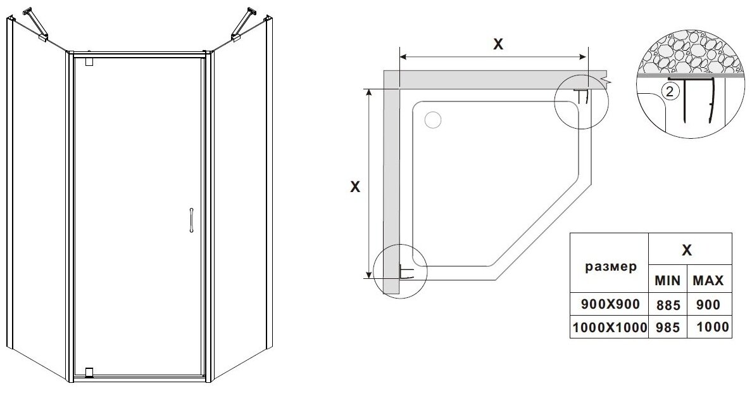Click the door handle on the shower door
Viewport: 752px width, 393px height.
pyautogui.click(x=190, y=220)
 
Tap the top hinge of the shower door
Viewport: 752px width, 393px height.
pyautogui.click(x=89, y=62)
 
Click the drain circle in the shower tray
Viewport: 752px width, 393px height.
pyautogui.click(x=433, y=120)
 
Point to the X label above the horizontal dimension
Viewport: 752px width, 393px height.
pyautogui.click(x=498, y=44)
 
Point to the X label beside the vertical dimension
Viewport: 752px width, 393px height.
pyautogui.click(x=355, y=187)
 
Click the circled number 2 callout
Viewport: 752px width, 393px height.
pyautogui.click(x=672, y=91)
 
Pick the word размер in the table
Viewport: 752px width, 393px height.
pyautogui.click(x=609, y=267)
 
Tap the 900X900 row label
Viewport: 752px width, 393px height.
pyautogui.click(x=610, y=304)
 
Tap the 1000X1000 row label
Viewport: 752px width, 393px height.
pyautogui.click(x=610, y=327)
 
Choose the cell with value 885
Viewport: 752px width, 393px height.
pyautogui.click(x=668, y=304)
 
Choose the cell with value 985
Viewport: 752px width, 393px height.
pyautogui.click(x=668, y=327)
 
